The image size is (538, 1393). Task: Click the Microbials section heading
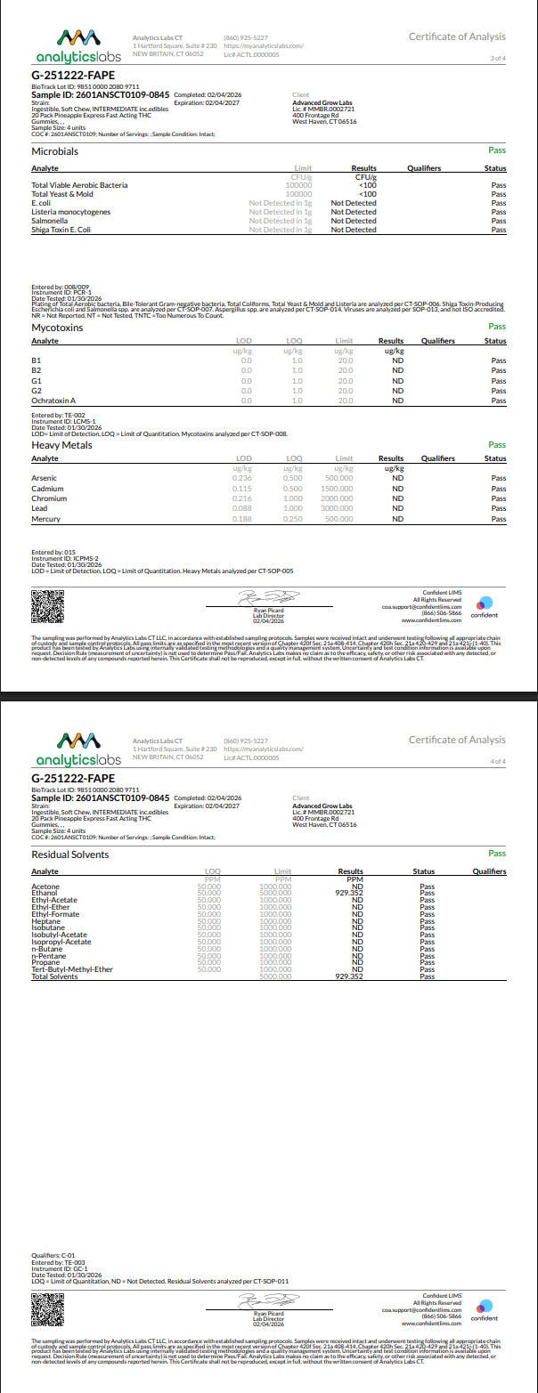point(55,151)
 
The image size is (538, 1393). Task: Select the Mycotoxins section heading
point(57,328)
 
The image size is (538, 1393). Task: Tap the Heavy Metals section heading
point(61,445)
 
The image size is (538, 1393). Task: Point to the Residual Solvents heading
point(70,854)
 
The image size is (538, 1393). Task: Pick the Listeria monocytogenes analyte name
point(71,212)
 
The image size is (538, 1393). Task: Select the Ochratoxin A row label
point(53,401)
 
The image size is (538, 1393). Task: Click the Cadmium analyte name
point(47,489)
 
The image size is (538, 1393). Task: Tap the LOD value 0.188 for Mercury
point(242,519)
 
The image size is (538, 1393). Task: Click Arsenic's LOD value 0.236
point(242,478)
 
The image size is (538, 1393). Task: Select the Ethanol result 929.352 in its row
point(349,893)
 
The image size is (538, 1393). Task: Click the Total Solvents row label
point(55,976)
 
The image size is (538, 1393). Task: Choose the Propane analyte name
point(45,962)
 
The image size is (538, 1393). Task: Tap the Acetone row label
point(45,887)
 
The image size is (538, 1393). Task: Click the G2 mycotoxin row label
point(37,391)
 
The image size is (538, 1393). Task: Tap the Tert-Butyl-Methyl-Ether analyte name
point(72,969)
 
